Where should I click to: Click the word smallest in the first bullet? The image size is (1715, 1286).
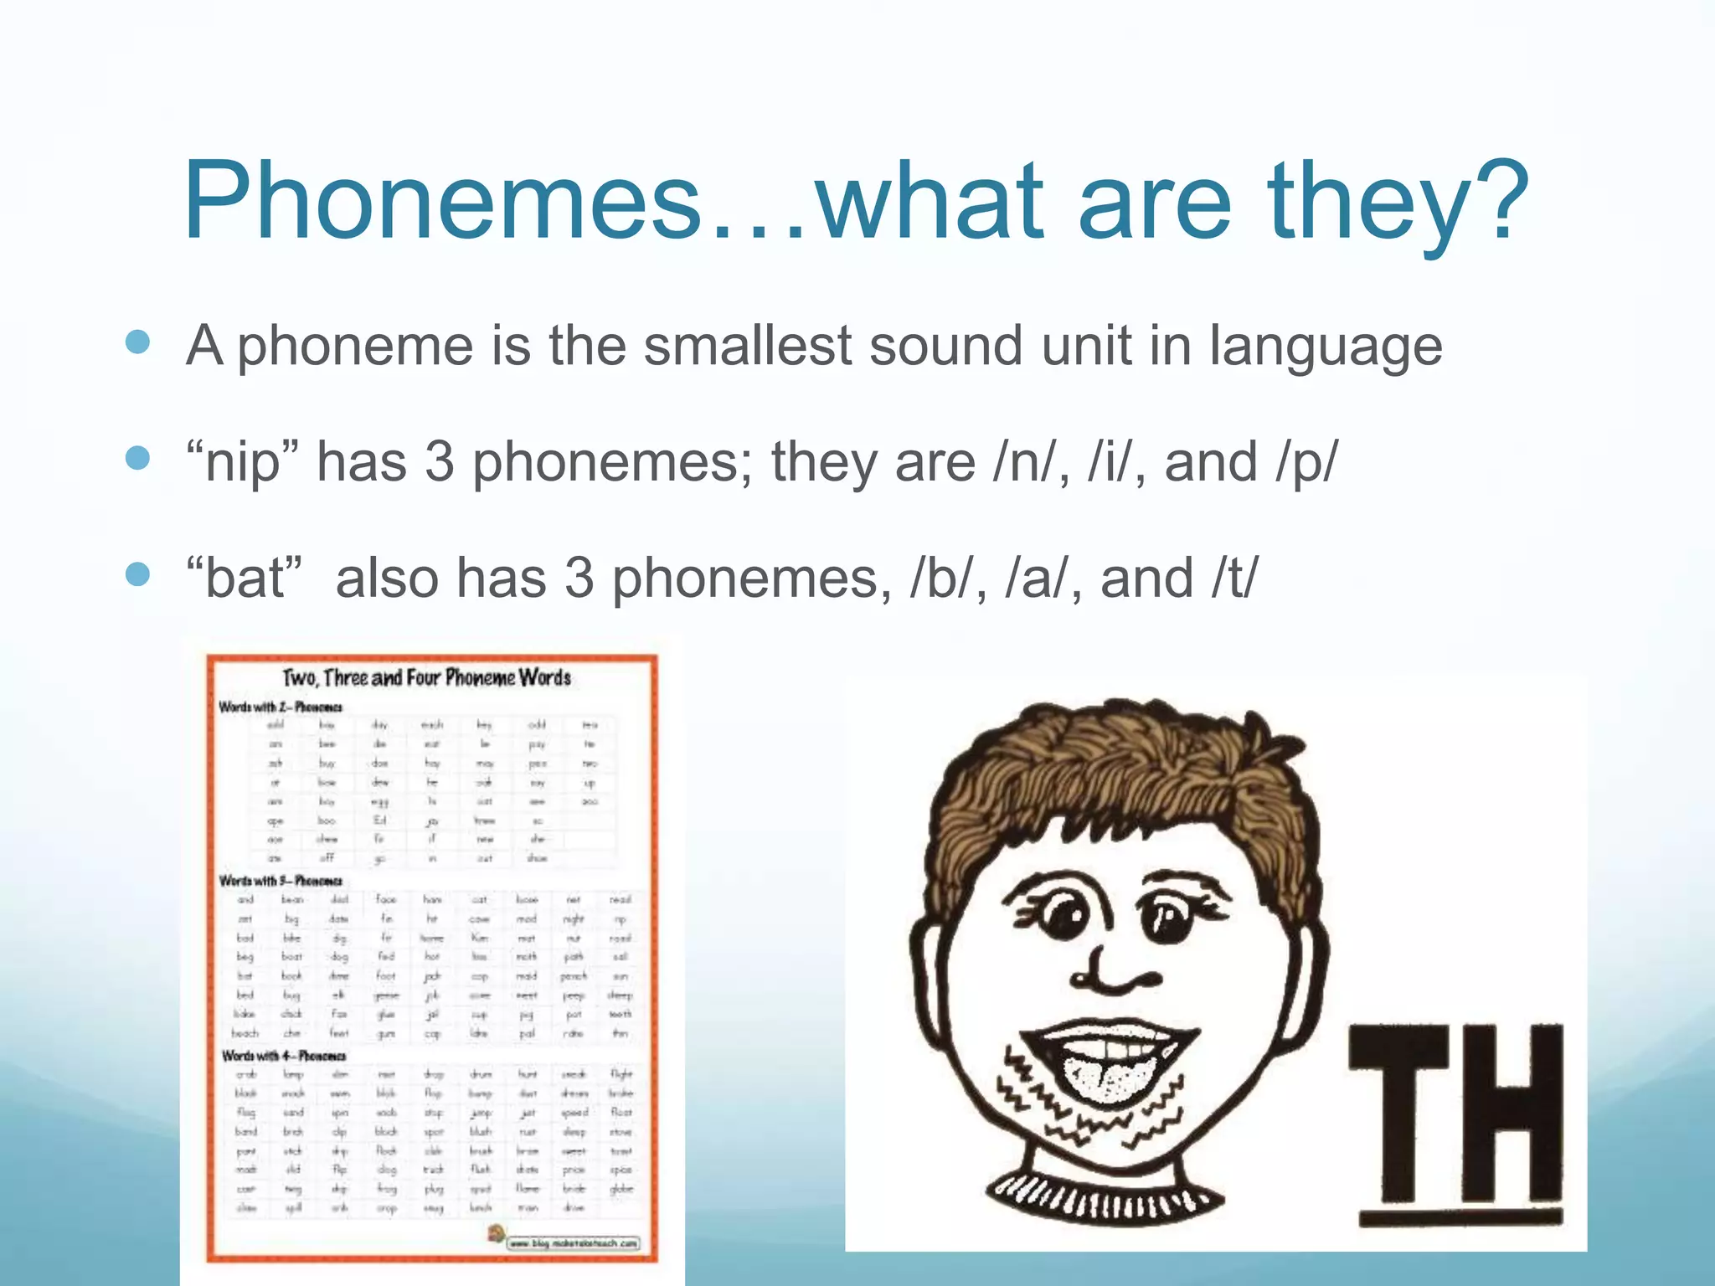tap(749, 346)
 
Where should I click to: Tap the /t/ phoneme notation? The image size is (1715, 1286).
tap(1233, 579)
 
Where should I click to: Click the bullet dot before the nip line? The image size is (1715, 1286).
tap(137, 458)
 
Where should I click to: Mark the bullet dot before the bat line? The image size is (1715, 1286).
tap(137, 574)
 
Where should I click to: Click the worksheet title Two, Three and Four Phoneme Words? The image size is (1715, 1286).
tap(427, 677)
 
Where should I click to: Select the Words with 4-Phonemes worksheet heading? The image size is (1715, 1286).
tap(284, 1056)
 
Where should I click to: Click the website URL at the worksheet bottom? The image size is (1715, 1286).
tap(574, 1243)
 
